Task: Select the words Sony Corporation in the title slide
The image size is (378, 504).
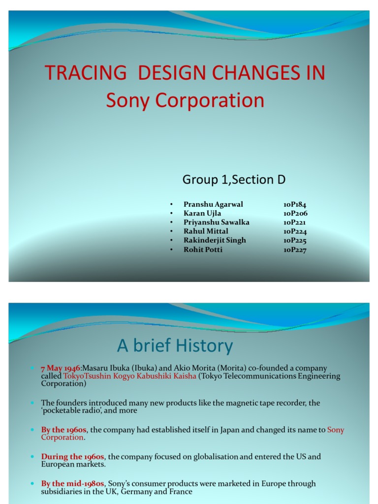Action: tap(185, 100)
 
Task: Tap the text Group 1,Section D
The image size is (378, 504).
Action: tap(234, 180)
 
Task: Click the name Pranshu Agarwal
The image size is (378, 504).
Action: tap(213, 204)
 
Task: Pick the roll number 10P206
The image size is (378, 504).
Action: tap(295, 213)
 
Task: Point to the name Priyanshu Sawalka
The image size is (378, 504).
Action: tap(216, 222)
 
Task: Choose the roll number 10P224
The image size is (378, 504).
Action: tap(295, 231)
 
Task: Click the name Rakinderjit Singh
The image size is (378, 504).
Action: tap(215, 240)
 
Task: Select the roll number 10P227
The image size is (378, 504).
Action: tap(295, 249)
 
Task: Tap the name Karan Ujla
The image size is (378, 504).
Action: tap(202, 213)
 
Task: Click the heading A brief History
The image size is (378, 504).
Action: tap(175, 346)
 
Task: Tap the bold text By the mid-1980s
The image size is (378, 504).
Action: tap(72, 484)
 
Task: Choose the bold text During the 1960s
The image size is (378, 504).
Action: tap(73, 457)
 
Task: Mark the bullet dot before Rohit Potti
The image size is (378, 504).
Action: tap(171, 250)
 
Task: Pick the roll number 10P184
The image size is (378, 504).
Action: tap(295, 204)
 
